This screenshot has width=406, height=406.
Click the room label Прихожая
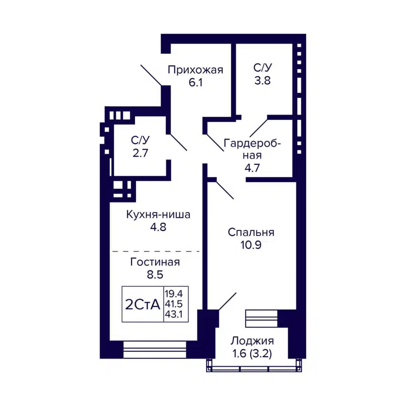[x=195, y=70]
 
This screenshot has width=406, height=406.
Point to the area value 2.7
[x=140, y=152]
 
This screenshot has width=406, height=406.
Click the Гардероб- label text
[x=252, y=144]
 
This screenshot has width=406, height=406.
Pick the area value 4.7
[x=252, y=168]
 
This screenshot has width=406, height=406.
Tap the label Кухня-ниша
[x=158, y=215]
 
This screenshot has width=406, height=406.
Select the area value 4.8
[x=158, y=227]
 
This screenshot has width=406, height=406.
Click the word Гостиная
[x=155, y=262]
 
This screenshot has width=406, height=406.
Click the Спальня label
[x=251, y=232]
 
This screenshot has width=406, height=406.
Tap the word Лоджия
[x=252, y=341]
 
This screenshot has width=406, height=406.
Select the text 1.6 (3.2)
[x=252, y=354]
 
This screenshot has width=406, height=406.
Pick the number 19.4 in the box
[x=174, y=293]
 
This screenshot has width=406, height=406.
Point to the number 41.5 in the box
[x=174, y=304]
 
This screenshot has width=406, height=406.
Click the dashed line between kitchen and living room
[x=155, y=251]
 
